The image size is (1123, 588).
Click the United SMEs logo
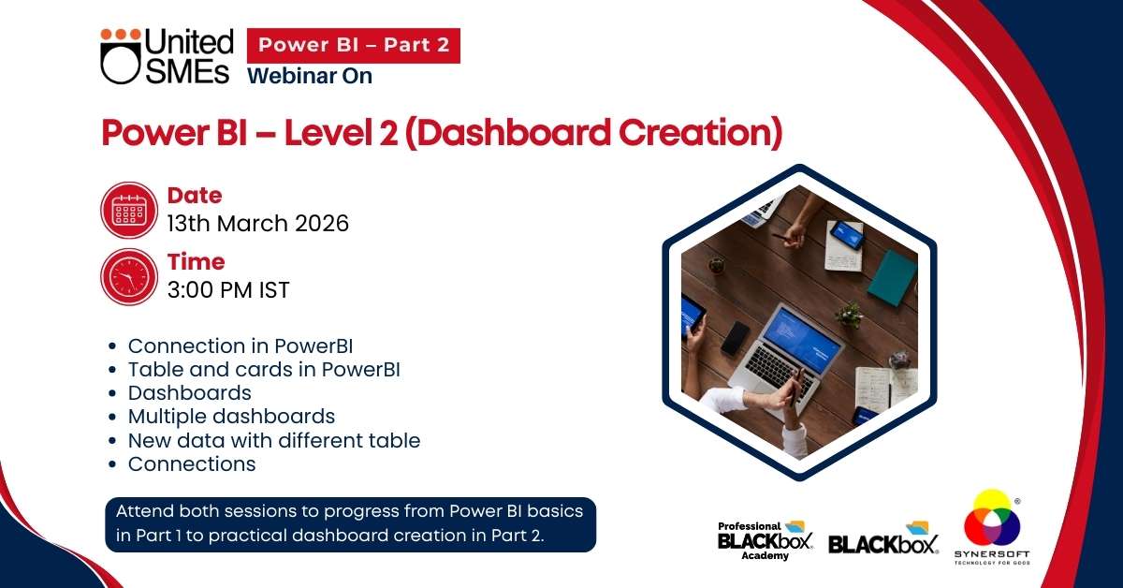coord(167,56)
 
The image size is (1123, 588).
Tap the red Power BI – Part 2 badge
coord(354,46)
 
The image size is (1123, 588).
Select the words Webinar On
coord(310,76)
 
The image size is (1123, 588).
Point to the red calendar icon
coord(129,211)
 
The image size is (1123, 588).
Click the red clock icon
coord(129,276)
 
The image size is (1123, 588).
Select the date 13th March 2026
coord(257,224)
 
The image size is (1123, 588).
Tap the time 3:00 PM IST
coord(228,290)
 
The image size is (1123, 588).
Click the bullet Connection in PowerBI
coord(241,346)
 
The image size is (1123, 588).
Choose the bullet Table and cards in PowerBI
coord(264,370)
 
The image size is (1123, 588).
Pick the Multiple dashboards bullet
coord(232,417)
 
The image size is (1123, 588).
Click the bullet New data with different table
coord(274,440)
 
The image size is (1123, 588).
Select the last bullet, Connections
coord(192,464)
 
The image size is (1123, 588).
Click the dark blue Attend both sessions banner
coord(350,524)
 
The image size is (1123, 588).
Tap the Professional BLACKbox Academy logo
coord(766,541)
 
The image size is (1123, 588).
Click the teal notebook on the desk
coord(893,278)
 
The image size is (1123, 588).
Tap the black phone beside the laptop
coord(736,338)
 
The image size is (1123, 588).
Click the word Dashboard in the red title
coord(510,133)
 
